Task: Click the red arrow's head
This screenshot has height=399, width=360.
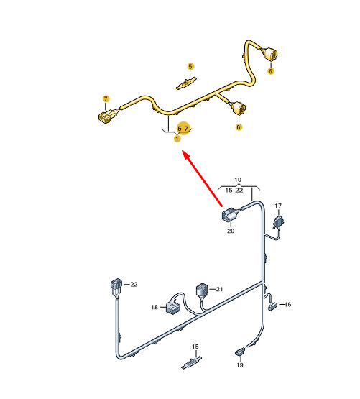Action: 186,155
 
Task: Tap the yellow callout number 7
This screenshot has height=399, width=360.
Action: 106,98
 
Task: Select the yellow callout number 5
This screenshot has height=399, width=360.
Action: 190,67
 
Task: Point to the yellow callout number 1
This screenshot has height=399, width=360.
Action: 177,139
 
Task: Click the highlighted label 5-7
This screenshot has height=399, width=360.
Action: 183,129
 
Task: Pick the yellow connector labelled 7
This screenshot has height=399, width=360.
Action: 107,116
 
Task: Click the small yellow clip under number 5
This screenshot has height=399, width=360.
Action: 187,83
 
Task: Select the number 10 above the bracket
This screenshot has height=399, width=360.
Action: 238,180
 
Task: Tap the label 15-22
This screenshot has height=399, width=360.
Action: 234,191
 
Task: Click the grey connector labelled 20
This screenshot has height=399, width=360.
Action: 231,214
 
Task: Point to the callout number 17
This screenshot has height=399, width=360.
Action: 278,206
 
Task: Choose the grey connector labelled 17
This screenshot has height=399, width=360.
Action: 278,222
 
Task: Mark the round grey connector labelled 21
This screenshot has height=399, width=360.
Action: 202,290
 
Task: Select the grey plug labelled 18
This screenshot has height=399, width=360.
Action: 173,306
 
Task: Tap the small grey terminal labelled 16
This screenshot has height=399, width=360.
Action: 273,306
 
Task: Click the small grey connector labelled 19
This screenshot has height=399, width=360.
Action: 240,352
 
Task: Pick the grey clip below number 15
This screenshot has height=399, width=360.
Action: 191,362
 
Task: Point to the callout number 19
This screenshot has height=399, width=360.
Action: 240,365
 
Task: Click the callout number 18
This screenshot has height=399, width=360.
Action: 154,307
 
